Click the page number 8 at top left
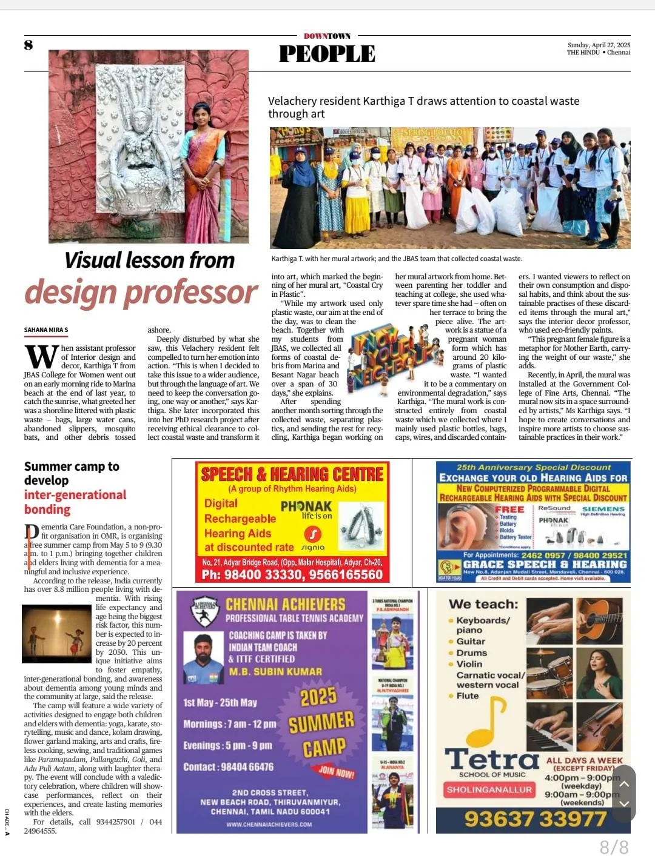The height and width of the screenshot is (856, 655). coord(29,45)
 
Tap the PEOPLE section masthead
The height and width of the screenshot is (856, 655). coord(327,54)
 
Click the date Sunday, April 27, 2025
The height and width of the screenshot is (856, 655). coord(599,45)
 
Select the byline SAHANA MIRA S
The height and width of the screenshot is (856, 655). coord(46,330)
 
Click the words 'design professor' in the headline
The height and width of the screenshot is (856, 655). coord(141,292)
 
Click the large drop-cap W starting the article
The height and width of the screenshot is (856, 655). coord(41,357)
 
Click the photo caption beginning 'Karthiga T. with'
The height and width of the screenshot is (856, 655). coord(396,259)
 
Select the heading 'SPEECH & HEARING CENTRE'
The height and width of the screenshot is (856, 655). coord(292,474)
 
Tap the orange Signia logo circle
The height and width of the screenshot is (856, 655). coord(313,534)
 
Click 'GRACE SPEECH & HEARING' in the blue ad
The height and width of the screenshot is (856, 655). coord(543,564)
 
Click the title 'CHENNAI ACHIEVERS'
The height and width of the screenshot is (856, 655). coord(285,604)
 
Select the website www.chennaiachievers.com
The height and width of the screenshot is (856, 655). coord(269,824)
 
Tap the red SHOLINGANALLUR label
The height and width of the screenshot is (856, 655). coord(489,789)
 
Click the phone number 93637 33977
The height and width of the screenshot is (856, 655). coord(535,819)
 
